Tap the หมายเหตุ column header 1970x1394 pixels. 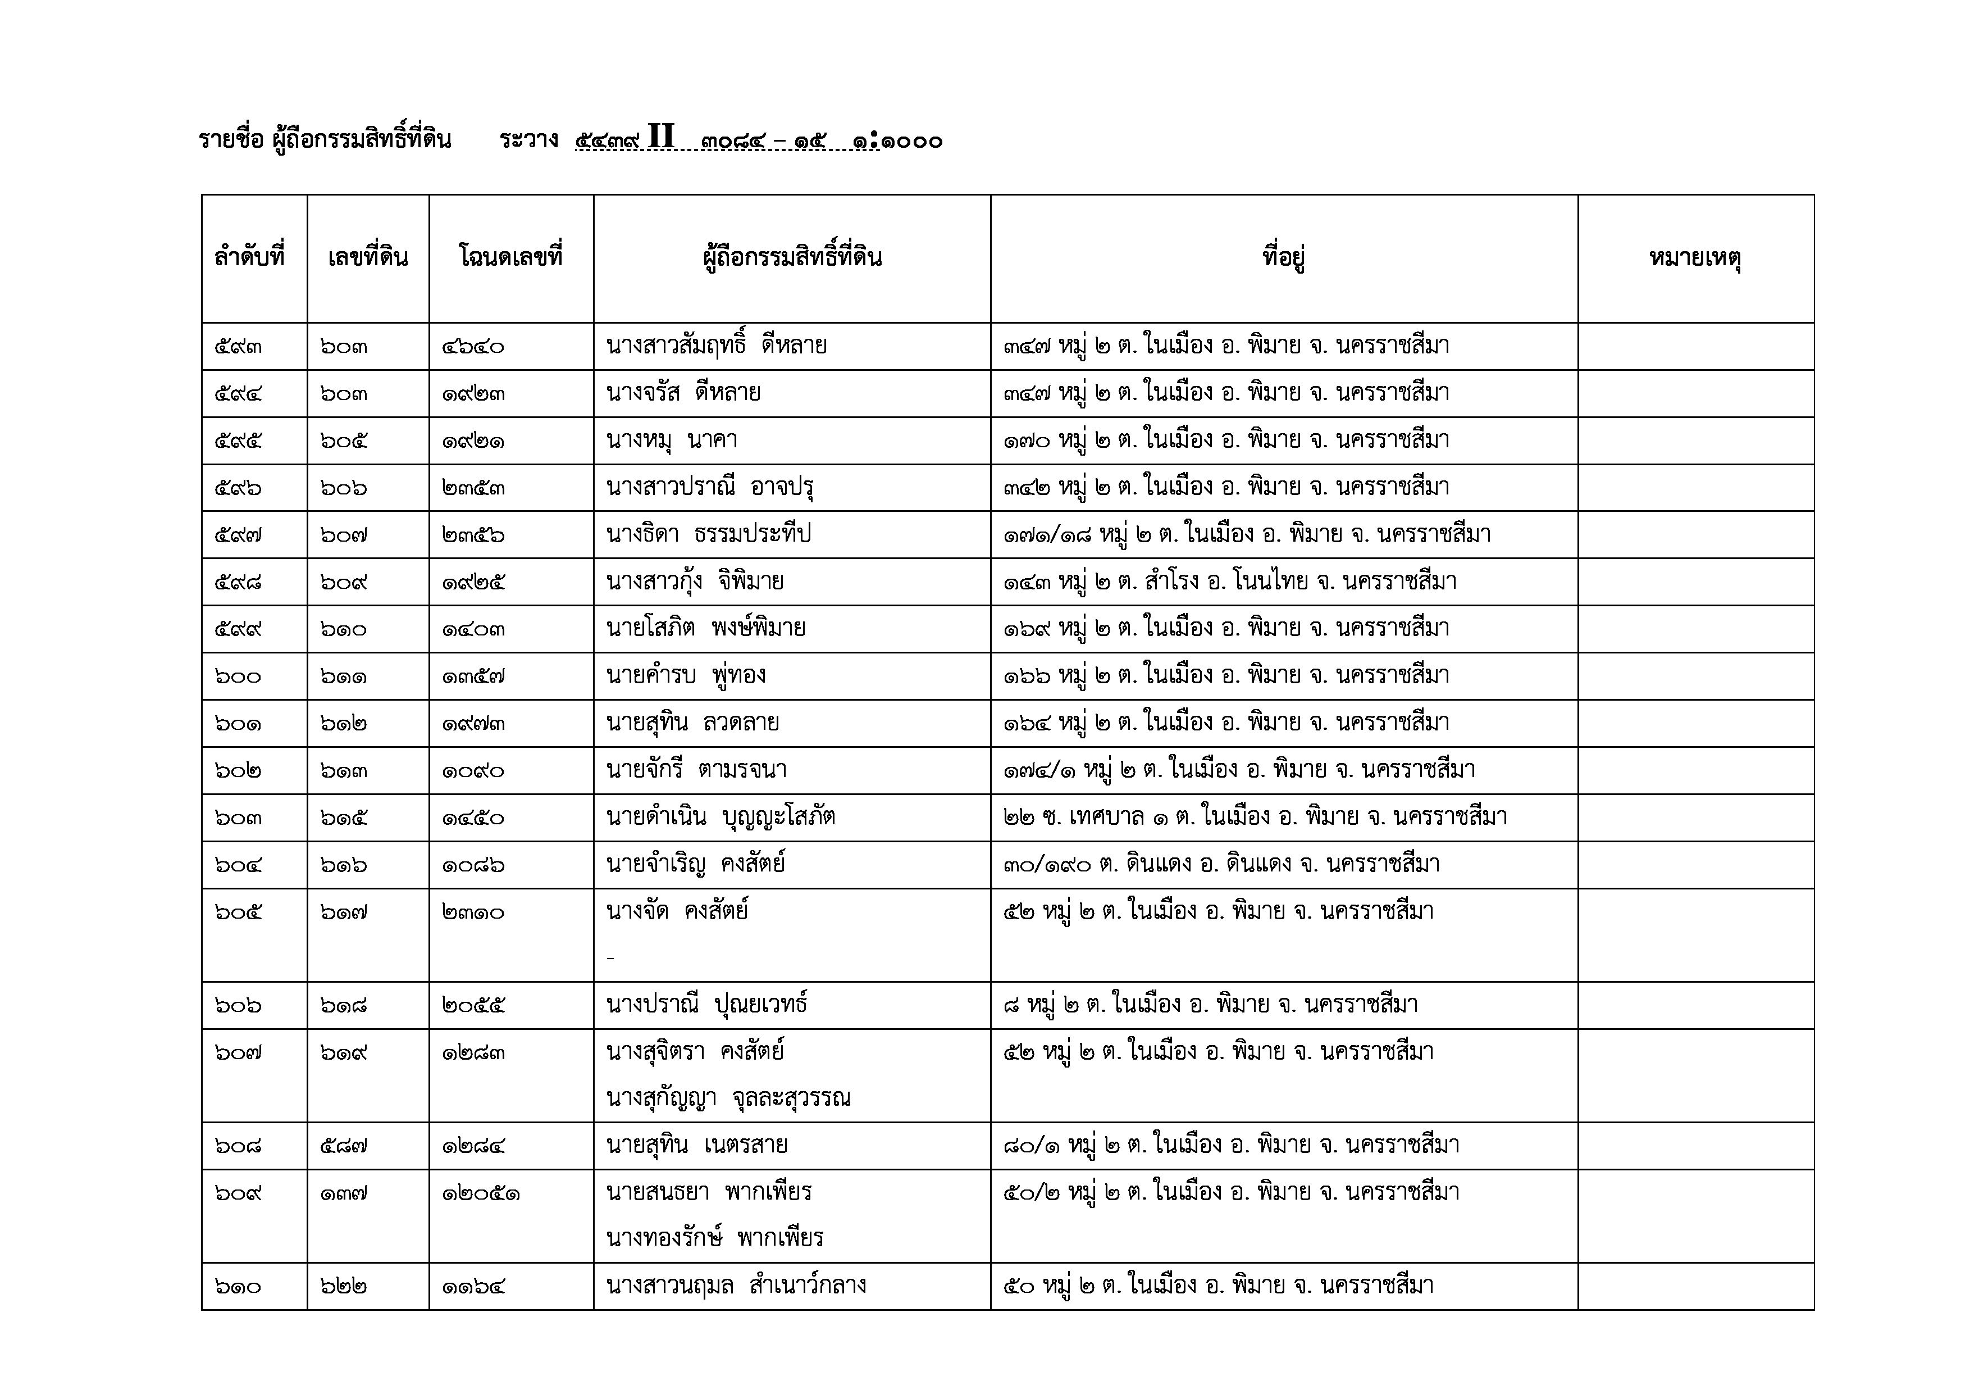tap(1695, 257)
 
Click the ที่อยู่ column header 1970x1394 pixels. tap(1284, 257)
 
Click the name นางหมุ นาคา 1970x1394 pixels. tap(672, 441)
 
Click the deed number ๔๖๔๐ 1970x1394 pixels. tap(473, 347)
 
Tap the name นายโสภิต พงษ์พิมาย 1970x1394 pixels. tap(705, 628)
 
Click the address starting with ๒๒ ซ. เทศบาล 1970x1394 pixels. tap(1255, 817)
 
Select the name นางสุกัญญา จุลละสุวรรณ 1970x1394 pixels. tap(728, 1098)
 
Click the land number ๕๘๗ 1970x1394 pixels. tap(344, 1146)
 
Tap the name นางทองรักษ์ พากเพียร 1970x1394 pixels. tap(714, 1238)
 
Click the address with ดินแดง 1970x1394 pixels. tap(1221, 864)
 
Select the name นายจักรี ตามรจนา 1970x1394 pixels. tap(696, 770)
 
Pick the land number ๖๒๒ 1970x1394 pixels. tap(344, 1286)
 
